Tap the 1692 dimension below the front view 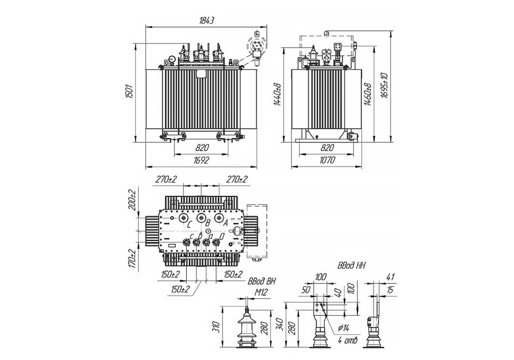pyautogui.click(x=201, y=160)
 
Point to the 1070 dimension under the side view pyautogui.click(x=326, y=160)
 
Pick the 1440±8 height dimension pyautogui.click(x=277, y=94)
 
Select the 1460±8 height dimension pyautogui.click(x=367, y=94)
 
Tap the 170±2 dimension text pyautogui.click(x=133, y=259)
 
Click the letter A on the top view pyautogui.click(x=225, y=224)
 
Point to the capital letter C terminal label pyautogui.click(x=189, y=225)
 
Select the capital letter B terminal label pyautogui.click(x=207, y=223)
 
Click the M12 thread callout pyautogui.click(x=262, y=291)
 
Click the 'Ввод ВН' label pyautogui.click(x=262, y=281)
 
